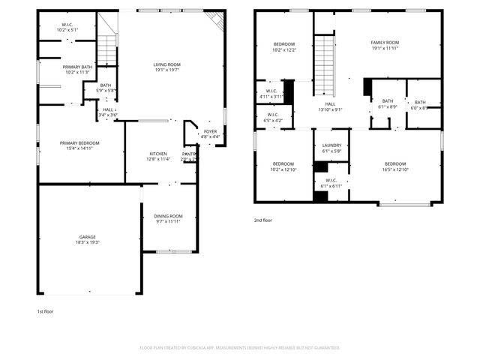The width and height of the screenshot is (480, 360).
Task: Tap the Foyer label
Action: [211, 133]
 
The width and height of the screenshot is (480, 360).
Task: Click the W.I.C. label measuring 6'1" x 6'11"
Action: [331, 182]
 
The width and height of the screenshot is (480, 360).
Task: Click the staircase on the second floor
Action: [324, 64]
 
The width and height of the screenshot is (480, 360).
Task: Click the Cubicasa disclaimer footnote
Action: [240, 347]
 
